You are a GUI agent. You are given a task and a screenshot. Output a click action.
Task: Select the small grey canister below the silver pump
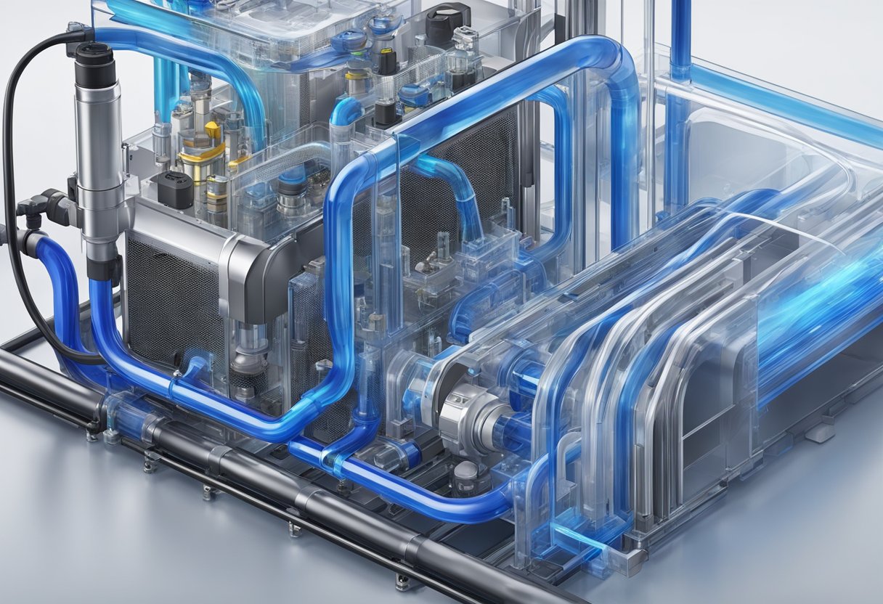[x=465, y=476]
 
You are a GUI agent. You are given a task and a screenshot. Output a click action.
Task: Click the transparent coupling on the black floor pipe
[x=123, y=411]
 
